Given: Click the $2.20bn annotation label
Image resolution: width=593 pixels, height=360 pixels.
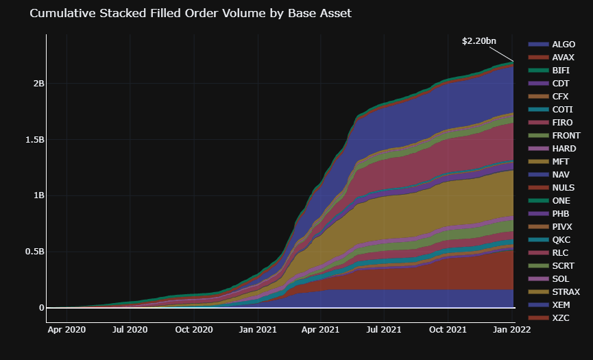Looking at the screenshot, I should [x=479, y=41].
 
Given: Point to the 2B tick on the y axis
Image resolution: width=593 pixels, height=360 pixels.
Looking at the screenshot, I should [x=38, y=84].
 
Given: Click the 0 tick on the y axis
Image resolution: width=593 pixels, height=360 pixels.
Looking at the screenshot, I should [x=41, y=308].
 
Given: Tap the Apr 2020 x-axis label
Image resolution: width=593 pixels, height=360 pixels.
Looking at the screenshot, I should [x=66, y=330].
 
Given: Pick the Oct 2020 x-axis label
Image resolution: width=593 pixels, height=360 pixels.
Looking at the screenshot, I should [x=194, y=330].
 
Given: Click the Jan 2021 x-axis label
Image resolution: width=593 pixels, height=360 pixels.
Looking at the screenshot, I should [x=258, y=330].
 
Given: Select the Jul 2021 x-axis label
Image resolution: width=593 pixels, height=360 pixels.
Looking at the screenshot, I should [x=383, y=330].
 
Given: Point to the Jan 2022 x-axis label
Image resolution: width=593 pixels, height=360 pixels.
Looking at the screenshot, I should [x=511, y=330].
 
